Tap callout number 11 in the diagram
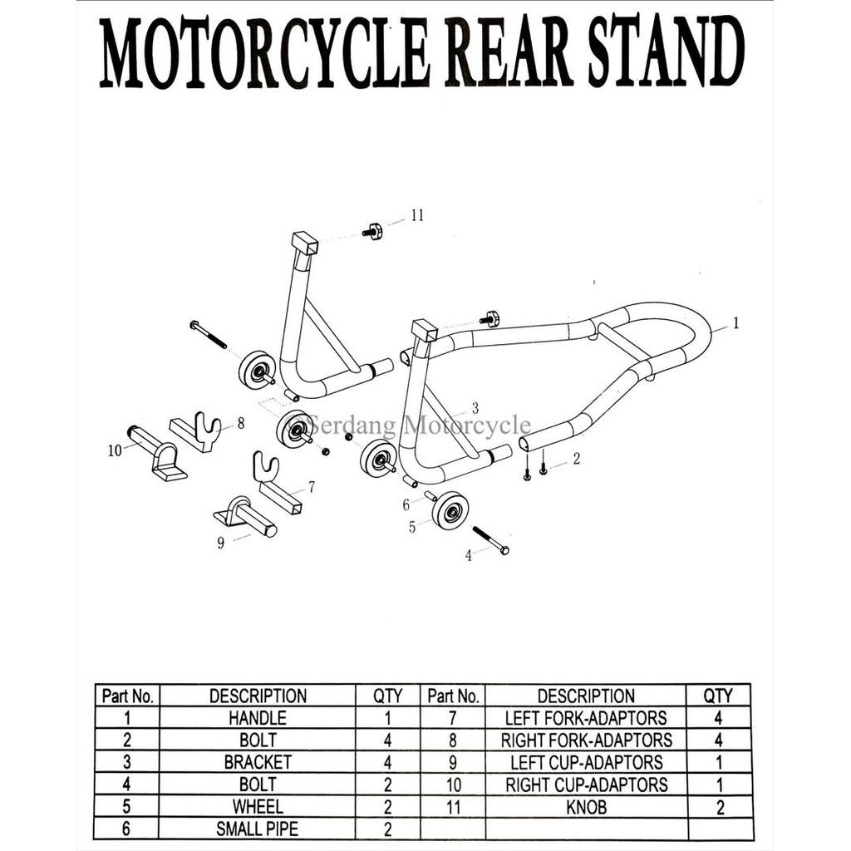417,215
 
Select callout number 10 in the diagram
115,450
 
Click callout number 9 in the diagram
221,544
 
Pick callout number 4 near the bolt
468,555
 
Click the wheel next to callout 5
450,509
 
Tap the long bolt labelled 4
490,540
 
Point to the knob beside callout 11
373,231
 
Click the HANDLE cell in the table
258,718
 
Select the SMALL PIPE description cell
258,829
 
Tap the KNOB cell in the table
586,807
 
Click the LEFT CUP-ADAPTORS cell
586,762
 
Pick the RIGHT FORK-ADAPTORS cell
586,740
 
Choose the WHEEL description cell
258,807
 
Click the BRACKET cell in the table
258,762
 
